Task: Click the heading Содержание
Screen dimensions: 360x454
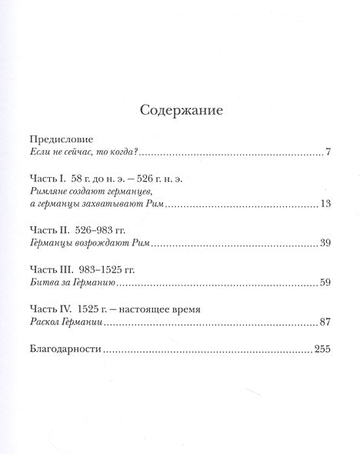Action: [x=182, y=110]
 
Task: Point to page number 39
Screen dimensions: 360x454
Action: [x=324, y=243]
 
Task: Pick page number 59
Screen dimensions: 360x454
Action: [x=324, y=282]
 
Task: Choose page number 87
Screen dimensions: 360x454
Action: [x=324, y=322]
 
